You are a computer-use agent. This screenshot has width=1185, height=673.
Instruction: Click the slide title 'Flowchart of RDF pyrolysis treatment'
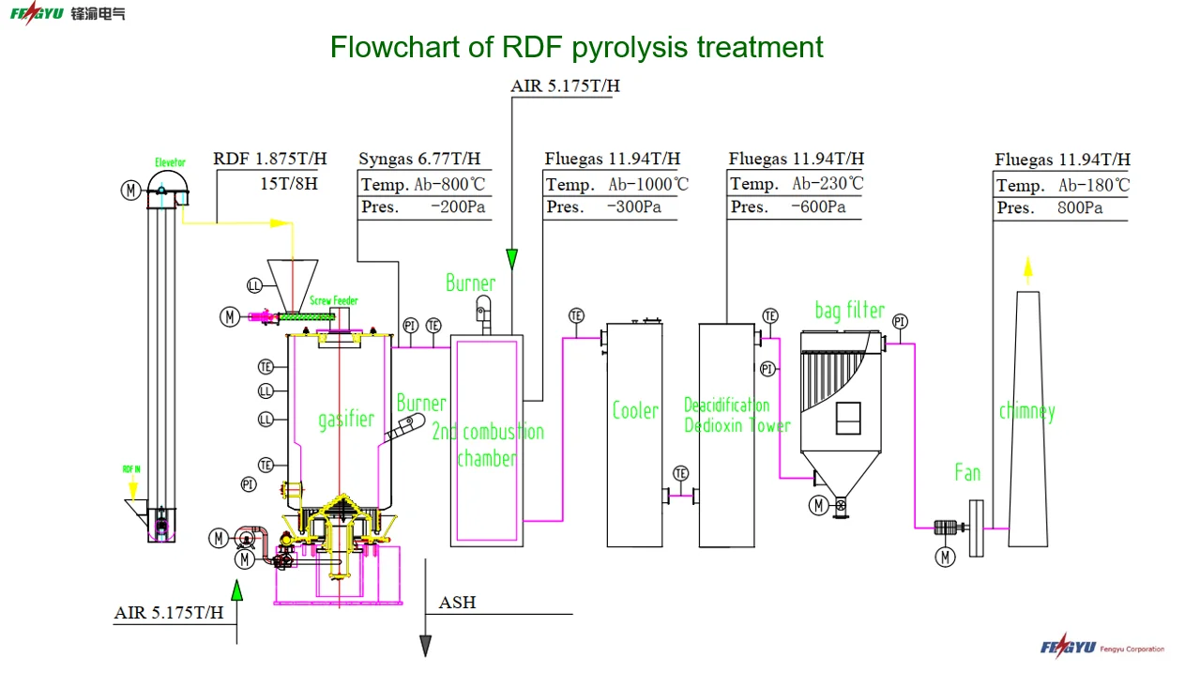pyautogui.click(x=576, y=47)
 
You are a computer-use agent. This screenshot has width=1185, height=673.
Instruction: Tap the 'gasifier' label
pyautogui.click(x=345, y=419)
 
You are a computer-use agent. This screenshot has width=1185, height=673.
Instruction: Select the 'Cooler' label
pyautogui.click(x=635, y=410)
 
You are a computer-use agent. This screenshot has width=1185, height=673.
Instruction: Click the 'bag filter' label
pyautogui.click(x=849, y=310)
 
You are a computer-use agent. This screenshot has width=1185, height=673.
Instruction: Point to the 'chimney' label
pyautogui.click(x=1026, y=411)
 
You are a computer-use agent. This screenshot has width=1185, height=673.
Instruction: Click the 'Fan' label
pyautogui.click(x=967, y=472)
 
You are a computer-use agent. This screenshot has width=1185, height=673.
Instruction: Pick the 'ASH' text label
pyautogui.click(x=457, y=603)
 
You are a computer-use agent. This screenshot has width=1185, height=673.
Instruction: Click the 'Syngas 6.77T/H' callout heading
pyautogui.click(x=419, y=160)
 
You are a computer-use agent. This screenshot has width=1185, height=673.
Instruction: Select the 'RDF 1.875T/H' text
pyautogui.click(x=270, y=160)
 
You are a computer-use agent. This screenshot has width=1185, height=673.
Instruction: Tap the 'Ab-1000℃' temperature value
pyautogui.click(x=647, y=185)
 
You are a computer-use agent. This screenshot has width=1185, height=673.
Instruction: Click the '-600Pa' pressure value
pyautogui.click(x=818, y=207)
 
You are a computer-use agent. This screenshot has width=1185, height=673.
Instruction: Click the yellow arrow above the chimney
pyautogui.click(x=1027, y=269)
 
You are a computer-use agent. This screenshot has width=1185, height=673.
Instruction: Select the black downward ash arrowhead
pyautogui.click(x=425, y=645)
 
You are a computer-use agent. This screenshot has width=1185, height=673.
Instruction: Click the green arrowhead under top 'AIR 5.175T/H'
pyautogui.click(x=511, y=258)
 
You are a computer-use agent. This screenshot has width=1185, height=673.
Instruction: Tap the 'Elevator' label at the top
pyautogui.click(x=170, y=162)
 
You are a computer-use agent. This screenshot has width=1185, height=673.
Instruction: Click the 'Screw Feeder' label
pyautogui.click(x=334, y=301)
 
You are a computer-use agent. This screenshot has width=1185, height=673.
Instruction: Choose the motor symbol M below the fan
pyautogui.click(x=944, y=557)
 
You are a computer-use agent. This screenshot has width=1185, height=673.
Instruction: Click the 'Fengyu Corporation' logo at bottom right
pyautogui.click(x=1101, y=647)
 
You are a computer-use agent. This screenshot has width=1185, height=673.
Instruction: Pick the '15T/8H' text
pyautogui.click(x=289, y=184)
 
